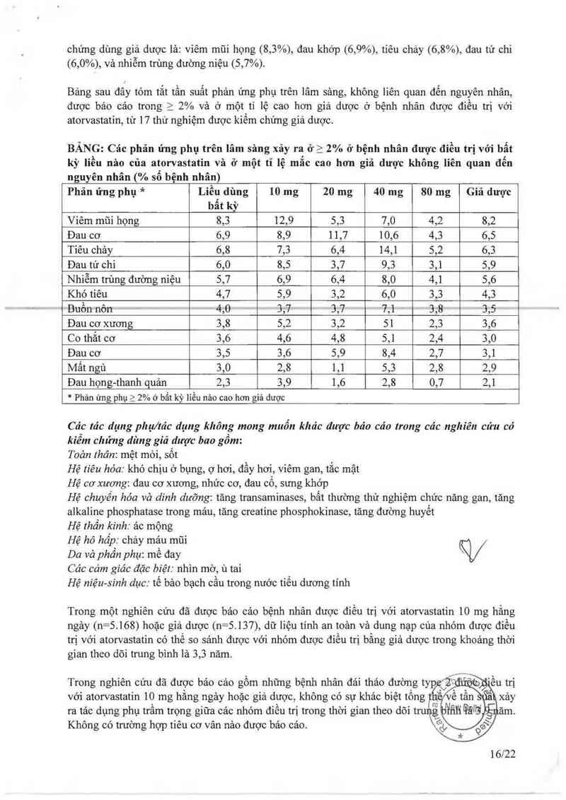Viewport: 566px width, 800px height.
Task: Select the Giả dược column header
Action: pyautogui.click(x=489, y=192)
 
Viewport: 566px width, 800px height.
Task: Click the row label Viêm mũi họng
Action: pyautogui.click(x=103, y=220)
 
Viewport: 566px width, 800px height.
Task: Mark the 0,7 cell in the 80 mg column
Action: pyautogui.click(x=436, y=383)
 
